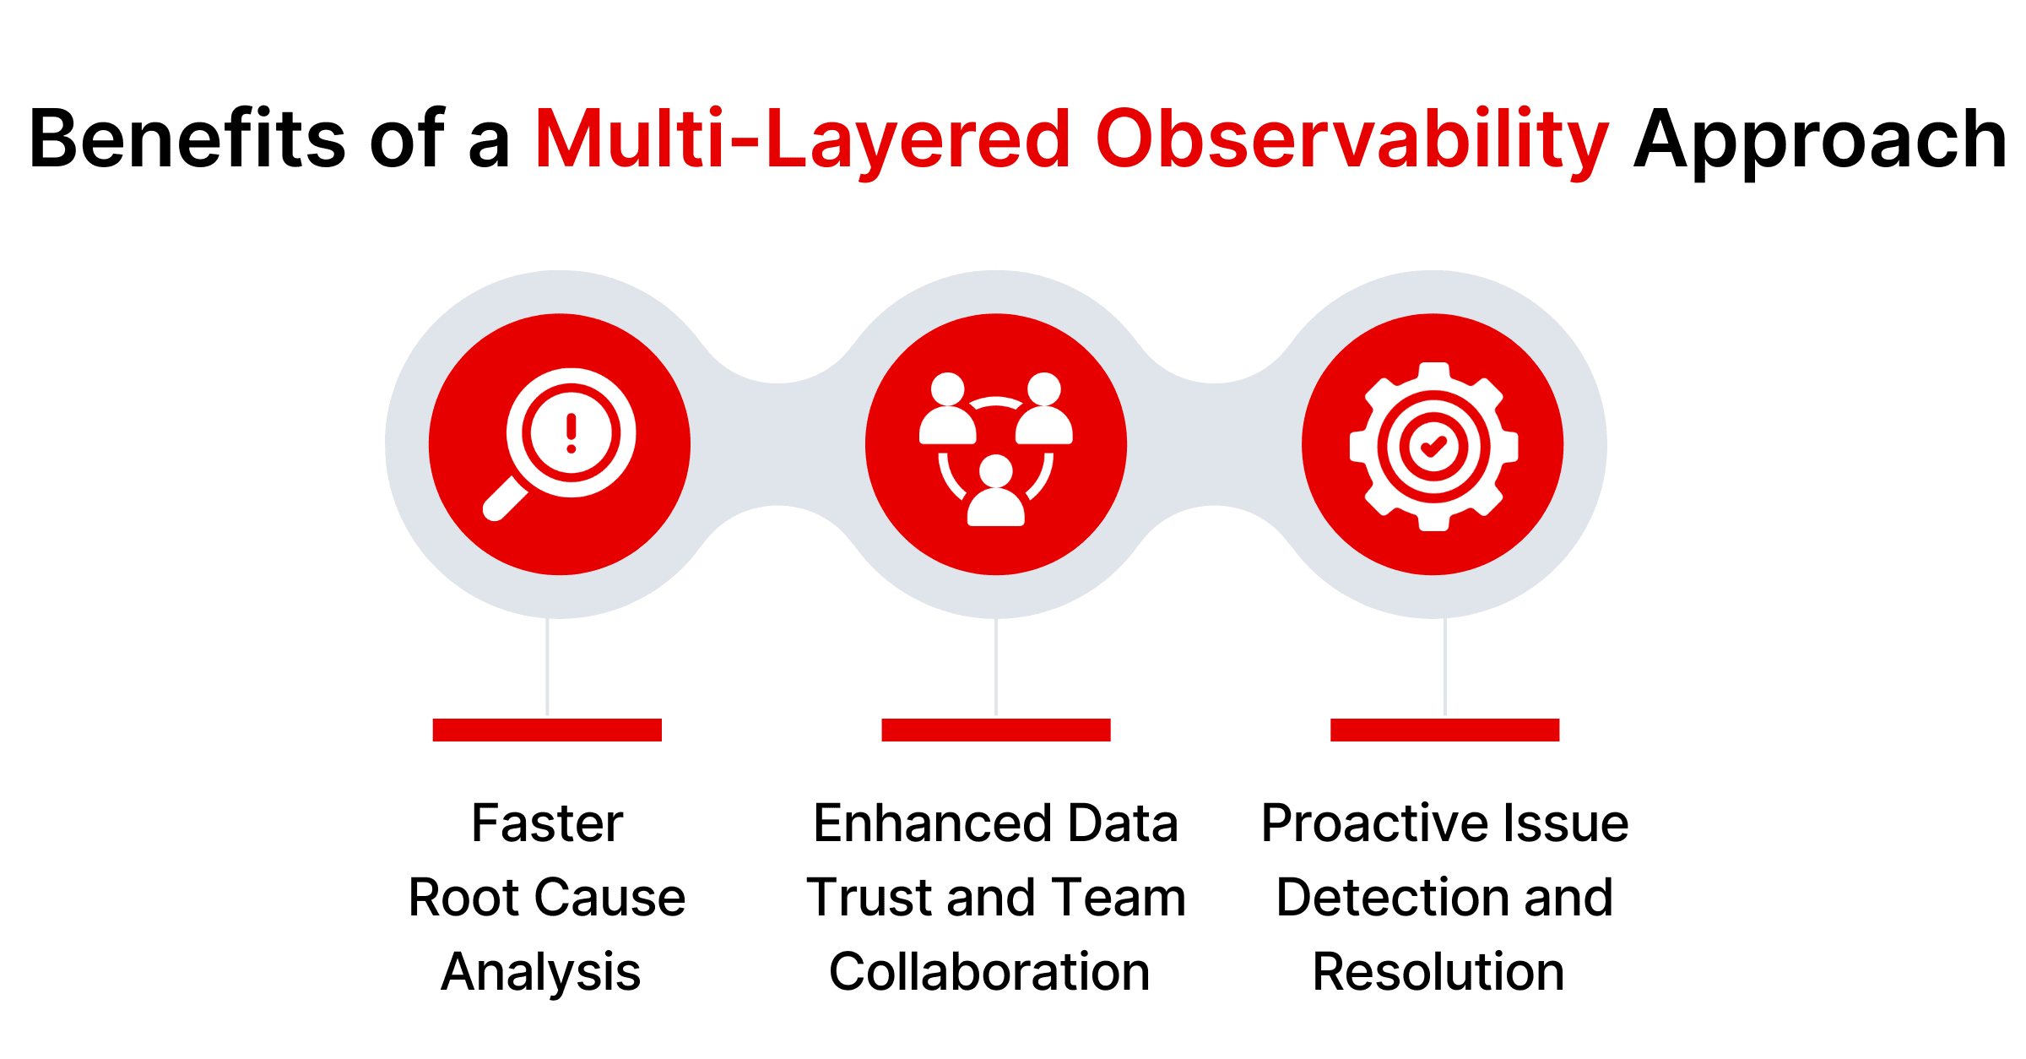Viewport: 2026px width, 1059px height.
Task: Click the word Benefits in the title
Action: (x=187, y=139)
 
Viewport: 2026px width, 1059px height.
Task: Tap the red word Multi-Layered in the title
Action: (x=802, y=139)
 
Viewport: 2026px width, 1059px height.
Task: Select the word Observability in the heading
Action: (x=1352, y=139)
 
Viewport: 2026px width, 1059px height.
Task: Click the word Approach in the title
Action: (x=1819, y=139)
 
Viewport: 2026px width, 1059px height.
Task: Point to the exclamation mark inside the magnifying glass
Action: (x=572, y=432)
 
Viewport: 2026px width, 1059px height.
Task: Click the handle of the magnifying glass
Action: (x=505, y=499)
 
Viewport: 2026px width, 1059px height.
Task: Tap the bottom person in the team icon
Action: (x=995, y=493)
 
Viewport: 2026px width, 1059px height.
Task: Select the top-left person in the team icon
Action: (x=947, y=410)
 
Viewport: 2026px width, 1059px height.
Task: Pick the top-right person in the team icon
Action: (x=1044, y=410)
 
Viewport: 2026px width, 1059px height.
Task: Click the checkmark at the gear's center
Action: (x=1433, y=446)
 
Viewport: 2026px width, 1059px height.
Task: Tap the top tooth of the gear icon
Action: (x=1434, y=372)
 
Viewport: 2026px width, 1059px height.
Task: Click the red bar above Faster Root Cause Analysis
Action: (x=547, y=730)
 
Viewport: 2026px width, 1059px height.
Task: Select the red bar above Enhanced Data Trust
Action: (x=995, y=730)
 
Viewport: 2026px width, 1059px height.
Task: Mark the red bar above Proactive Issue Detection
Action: (x=1444, y=730)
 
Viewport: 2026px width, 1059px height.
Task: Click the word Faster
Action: (x=547, y=823)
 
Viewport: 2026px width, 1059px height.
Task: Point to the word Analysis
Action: (x=540, y=972)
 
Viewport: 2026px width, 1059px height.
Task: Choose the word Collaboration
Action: (x=989, y=972)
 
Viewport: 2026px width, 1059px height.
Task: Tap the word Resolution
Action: (x=1438, y=972)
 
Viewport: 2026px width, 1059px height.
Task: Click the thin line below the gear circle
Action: (x=1444, y=667)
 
